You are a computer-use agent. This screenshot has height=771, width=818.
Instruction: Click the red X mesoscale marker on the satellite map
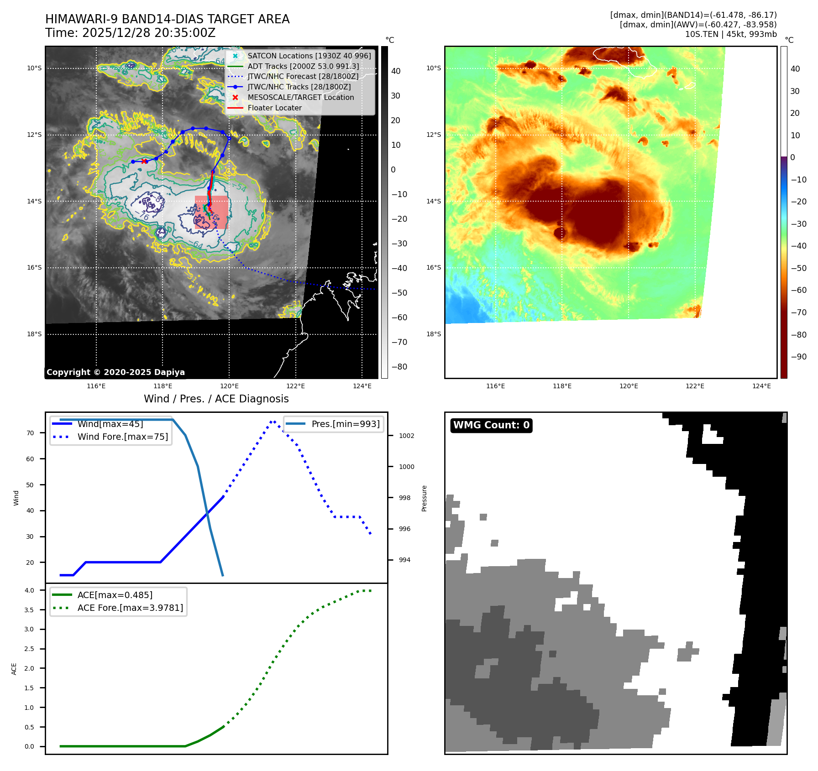[x=144, y=161]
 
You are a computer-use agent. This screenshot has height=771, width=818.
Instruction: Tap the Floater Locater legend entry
[x=274, y=108]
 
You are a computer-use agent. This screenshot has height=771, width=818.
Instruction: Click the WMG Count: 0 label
[x=491, y=425]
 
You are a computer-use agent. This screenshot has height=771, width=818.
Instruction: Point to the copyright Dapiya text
[x=115, y=372]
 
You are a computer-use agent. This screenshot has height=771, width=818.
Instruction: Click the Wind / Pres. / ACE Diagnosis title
[x=216, y=399]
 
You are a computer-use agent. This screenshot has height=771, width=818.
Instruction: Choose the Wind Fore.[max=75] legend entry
[x=122, y=437]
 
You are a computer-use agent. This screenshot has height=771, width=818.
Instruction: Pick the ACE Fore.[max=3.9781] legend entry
[x=130, y=608]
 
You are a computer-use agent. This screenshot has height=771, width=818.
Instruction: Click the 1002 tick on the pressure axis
[x=406, y=436]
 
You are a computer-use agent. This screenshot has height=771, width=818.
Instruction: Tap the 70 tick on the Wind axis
[x=30, y=433]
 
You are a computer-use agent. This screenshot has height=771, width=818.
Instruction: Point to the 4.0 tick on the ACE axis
[x=29, y=590]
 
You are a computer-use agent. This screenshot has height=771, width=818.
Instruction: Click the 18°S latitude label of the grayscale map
[x=34, y=334]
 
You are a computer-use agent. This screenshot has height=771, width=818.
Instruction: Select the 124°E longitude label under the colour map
[x=761, y=386]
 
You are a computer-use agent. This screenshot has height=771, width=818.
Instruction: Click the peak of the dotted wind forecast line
[x=273, y=422]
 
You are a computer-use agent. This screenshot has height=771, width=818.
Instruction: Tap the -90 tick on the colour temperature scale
[x=798, y=357]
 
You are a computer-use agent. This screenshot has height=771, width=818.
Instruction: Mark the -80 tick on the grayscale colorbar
[x=399, y=367]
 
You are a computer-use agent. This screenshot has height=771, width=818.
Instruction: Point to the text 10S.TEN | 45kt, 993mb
[x=730, y=34]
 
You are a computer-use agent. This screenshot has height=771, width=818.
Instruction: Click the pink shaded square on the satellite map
[x=211, y=212]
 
